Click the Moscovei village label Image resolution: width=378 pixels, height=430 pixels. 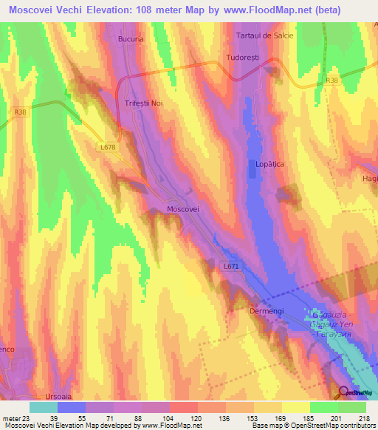(184, 209)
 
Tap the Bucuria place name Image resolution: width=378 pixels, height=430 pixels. (131, 38)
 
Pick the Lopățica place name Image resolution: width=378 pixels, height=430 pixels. (269, 162)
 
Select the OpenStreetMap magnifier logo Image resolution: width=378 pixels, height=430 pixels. (344, 392)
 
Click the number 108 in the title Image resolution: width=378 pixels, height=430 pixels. (167, 10)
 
